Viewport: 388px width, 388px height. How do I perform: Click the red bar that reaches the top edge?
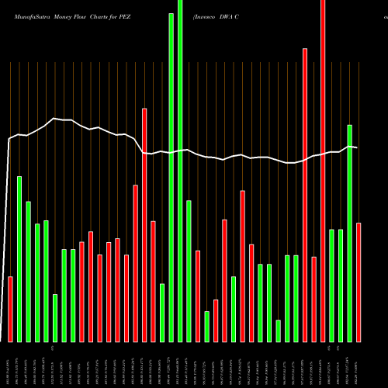tap(323, 171)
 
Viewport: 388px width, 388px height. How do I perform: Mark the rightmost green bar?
tap(350, 233)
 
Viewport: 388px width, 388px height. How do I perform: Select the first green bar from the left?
tap(19, 259)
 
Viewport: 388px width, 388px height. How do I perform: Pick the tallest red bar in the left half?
tap(144, 225)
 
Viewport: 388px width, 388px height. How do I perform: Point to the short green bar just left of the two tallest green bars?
tap(162, 313)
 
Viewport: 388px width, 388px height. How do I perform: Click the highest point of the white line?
tap(54, 118)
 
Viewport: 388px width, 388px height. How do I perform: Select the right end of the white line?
tap(357, 147)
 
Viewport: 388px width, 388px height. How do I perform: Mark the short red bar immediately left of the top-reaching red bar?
tap(314, 299)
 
